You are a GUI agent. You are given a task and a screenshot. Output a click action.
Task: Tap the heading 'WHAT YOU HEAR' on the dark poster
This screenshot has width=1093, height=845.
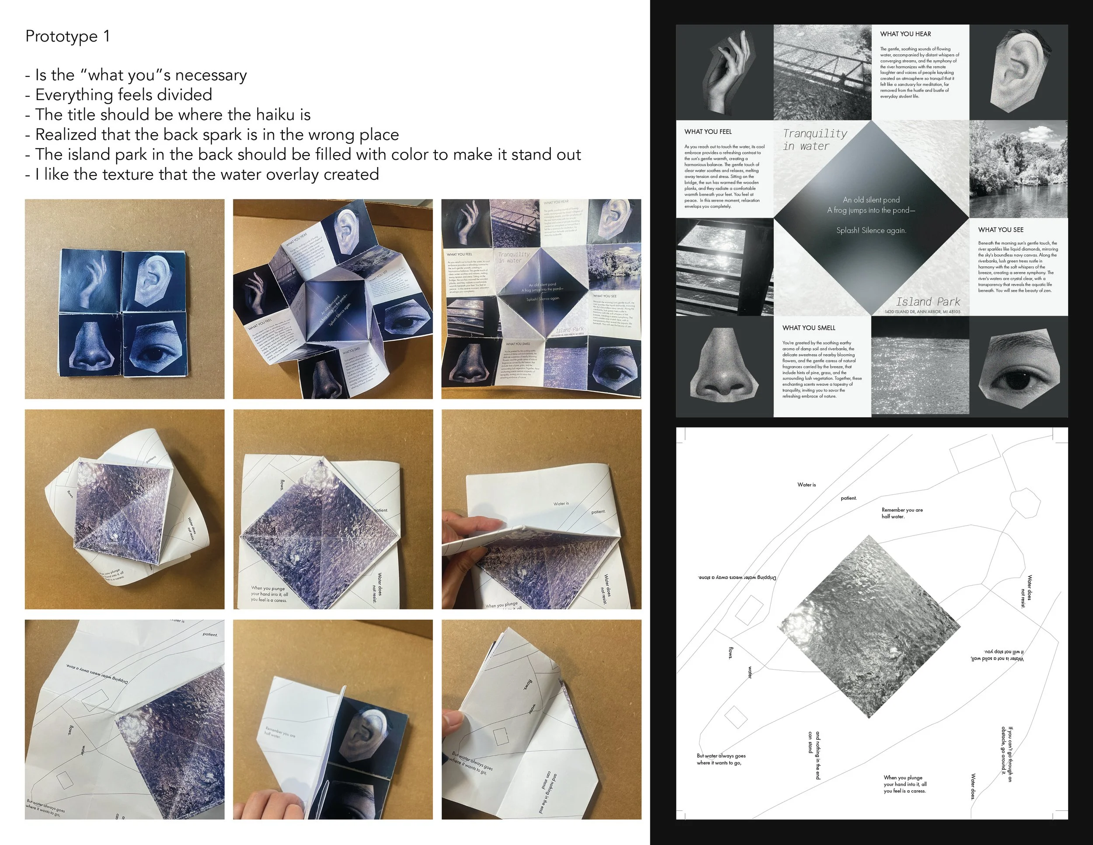(905, 34)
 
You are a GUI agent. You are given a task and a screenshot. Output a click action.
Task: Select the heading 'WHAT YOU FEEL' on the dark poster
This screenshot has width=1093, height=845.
(708, 132)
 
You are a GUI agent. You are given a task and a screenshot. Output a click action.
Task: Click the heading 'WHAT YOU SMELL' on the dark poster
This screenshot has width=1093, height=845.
(809, 328)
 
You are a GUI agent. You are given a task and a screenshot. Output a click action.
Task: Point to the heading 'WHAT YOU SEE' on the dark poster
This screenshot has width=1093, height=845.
(1000, 230)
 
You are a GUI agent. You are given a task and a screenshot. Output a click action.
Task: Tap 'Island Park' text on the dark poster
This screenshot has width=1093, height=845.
(927, 302)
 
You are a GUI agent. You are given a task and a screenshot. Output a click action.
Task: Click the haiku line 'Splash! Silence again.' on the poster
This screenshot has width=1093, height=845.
(871, 231)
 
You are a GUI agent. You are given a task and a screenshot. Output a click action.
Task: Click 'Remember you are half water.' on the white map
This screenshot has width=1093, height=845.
(902, 513)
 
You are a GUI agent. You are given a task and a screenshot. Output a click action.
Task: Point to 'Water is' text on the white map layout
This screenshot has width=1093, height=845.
(806, 485)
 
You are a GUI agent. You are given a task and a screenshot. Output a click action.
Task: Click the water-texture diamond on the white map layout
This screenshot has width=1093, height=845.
(868, 626)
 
